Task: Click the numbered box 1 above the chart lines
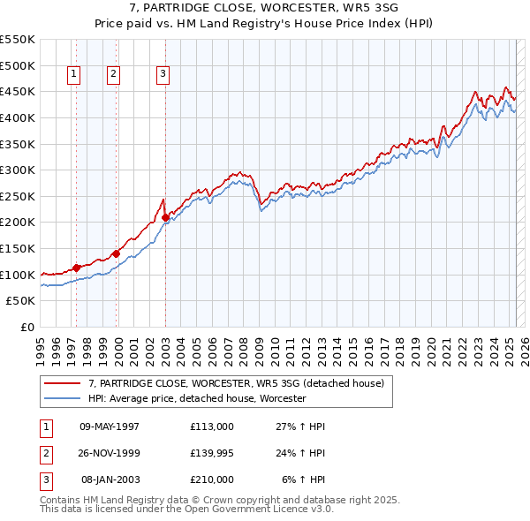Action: click(72, 75)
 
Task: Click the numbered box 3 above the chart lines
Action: click(163, 75)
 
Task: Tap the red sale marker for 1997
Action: click(77, 268)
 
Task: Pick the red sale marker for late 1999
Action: click(116, 253)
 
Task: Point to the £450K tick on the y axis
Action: click(19, 91)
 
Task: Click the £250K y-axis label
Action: click(19, 196)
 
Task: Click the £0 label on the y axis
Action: click(26, 327)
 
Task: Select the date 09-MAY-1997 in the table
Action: click(110, 427)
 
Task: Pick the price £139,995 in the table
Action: click(212, 453)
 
